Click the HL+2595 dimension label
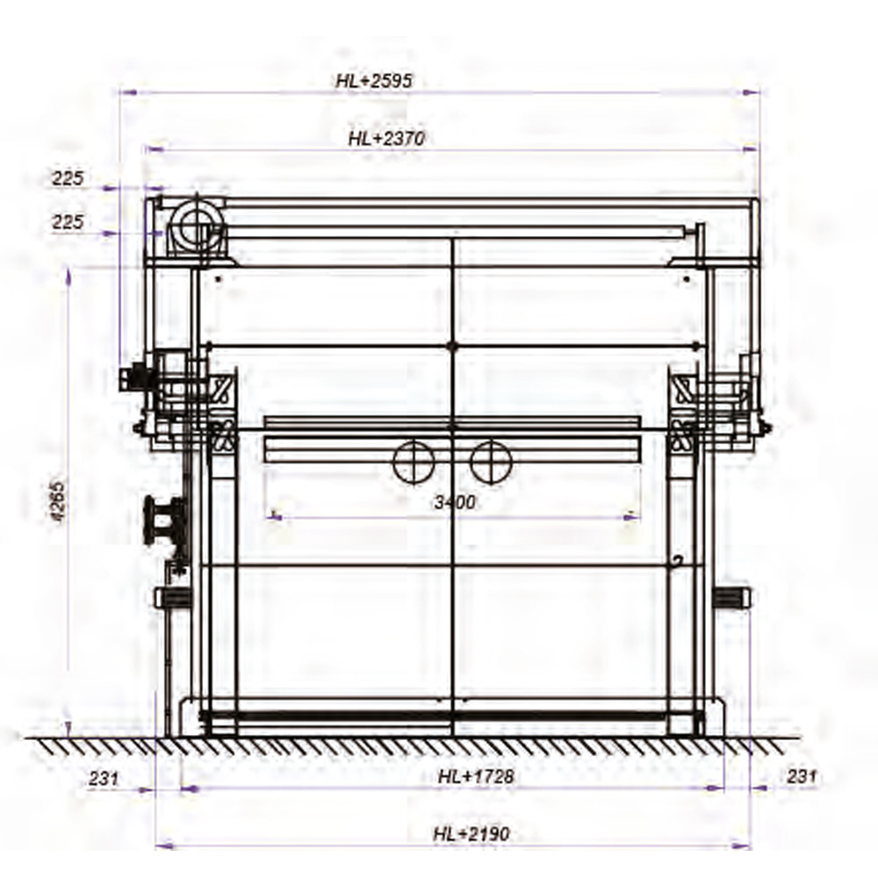click(374, 81)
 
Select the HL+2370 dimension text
click(387, 138)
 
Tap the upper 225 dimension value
click(68, 178)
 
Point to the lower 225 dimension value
click(68, 222)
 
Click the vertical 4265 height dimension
click(58, 501)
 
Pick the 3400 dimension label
click(455, 502)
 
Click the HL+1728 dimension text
click(476, 776)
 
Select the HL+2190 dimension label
click(471, 834)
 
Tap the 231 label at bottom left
click(104, 778)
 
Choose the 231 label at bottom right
click(802, 776)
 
